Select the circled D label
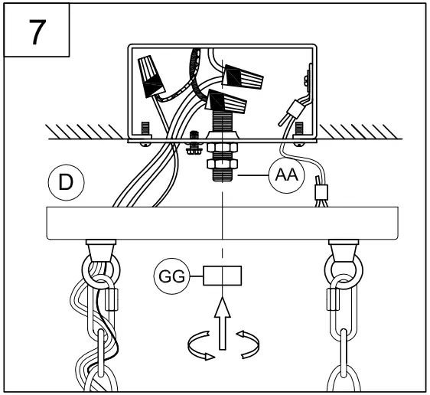coord(67,182)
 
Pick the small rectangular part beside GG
coord(222,274)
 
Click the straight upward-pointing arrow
coord(222,322)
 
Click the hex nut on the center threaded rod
coord(222,146)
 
